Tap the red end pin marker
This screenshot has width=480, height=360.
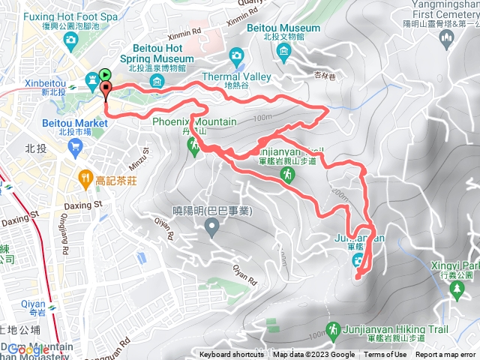coord(105,91)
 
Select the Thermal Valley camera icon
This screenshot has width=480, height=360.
coord(237,55)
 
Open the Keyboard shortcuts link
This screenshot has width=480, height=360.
coord(232,355)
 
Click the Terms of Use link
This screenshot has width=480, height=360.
coord(385,355)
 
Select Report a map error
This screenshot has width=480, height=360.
coord(445,355)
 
